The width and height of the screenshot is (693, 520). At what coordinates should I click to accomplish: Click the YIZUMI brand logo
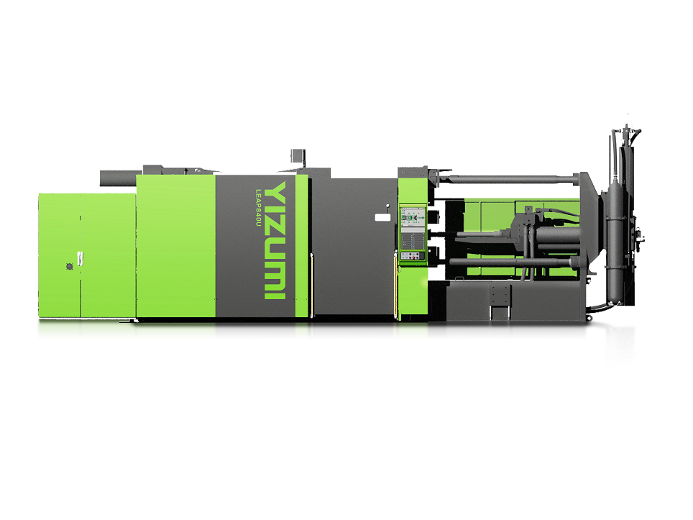[x=275, y=240]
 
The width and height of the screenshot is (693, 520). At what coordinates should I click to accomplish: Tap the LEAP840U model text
[x=259, y=208]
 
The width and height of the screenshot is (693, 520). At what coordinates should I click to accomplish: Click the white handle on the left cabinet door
[x=80, y=259]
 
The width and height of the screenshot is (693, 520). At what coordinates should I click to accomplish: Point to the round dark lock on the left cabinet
[x=70, y=266]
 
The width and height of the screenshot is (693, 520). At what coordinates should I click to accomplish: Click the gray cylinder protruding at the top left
[x=118, y=178]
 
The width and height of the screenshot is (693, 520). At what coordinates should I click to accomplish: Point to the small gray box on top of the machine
[x=298, y=156]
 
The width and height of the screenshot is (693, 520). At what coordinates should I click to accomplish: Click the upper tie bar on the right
[x=508, y=179]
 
